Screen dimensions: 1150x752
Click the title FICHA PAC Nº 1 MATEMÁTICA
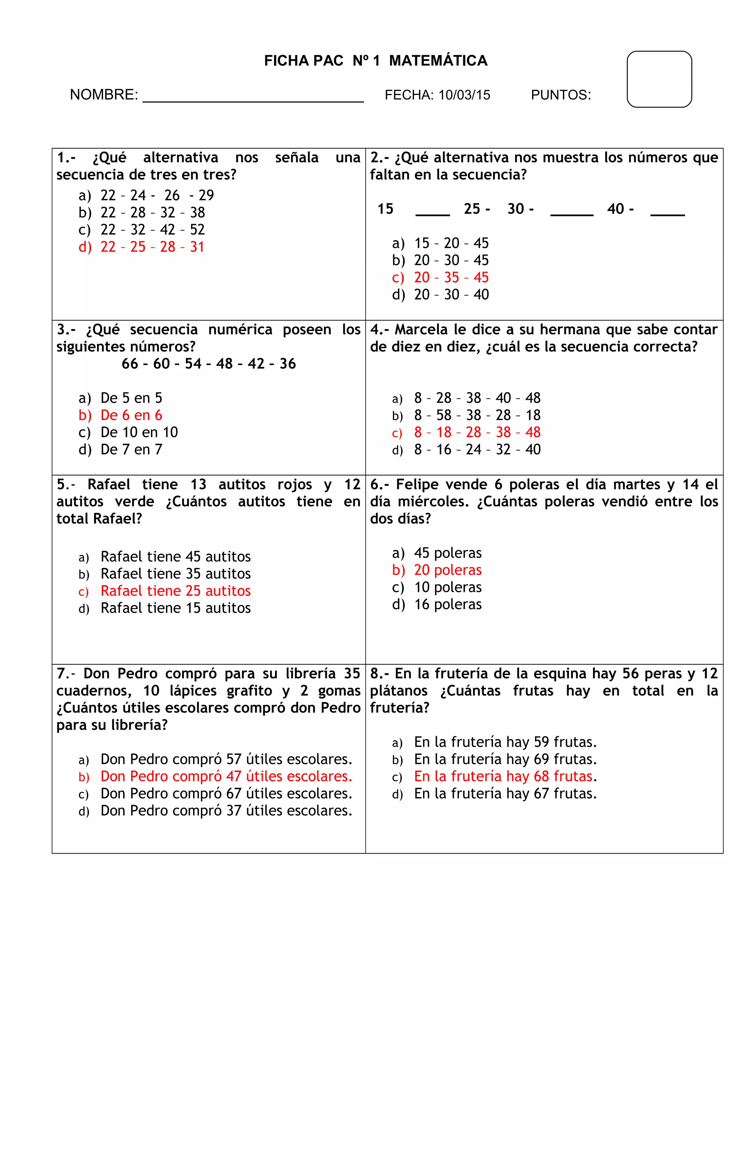[x=376, y=61]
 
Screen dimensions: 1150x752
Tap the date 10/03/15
[x=464, y=95]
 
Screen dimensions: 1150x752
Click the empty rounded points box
[x=659, y=79]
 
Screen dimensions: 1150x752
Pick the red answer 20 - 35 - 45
[x=451, y=277]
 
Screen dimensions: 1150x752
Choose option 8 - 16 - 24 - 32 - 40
[x=477, y=450]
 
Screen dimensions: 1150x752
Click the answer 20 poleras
[x=448, y=570]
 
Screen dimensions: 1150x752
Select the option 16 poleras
[x=448, y=604]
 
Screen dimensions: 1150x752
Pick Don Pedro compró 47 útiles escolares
[x=226, y=777]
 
